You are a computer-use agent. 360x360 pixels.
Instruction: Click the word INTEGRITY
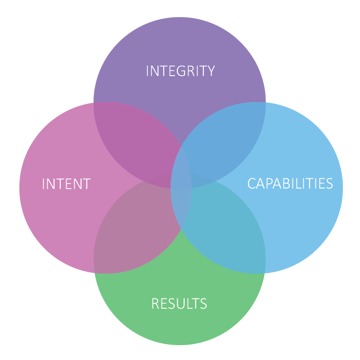pyautogui.click(x=180, y=71)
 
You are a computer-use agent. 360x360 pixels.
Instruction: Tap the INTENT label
pyautogui.click(x=66, y=184)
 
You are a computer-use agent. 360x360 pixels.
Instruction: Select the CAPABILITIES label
pyautogui.click(x=290, y=184)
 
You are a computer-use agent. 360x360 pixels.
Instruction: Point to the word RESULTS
pyautogui.click(x=179, y=304)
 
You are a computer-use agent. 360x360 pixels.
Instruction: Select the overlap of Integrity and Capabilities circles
pyautogui.click(x=225, y=135)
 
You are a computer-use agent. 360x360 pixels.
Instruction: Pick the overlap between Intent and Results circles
pyautogui.click(x=135, y=225)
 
